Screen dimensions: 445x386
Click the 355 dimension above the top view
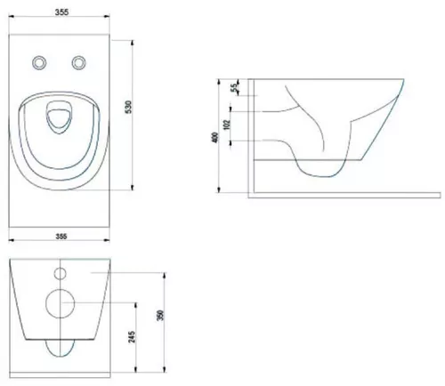(61, 12)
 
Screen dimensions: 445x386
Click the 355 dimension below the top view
(61, 237)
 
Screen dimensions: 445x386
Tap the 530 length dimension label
(128, 107)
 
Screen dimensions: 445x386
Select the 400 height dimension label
(215, 137)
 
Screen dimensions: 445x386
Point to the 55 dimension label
(234, 87)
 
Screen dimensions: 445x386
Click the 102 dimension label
(226, 125)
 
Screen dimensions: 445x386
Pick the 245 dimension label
(132, 337)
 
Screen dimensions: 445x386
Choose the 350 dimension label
(160, 315)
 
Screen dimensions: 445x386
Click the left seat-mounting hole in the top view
(39, 62)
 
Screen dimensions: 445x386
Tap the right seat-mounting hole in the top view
(79, 62)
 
